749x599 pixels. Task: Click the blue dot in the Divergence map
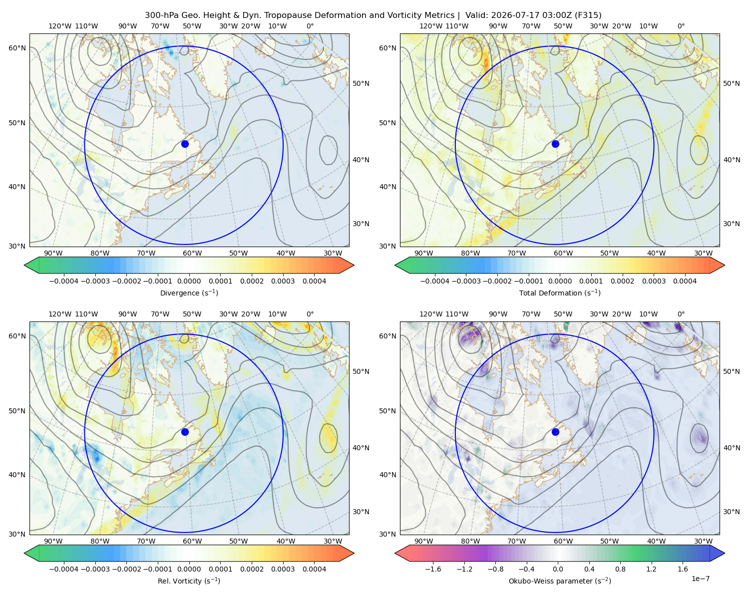(x=185, y=144)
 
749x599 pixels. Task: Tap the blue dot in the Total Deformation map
(x=555, y=144)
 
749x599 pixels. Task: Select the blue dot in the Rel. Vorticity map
(x=185, y=432)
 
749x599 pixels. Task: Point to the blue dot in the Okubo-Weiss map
(x=555, y=432)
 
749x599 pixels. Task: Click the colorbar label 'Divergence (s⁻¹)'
(x=189, y=293)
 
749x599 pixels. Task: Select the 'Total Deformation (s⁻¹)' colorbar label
(x=560, y=293)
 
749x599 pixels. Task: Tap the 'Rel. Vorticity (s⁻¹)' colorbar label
(x=189, y=581)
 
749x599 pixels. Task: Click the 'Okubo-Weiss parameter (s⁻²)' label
(x=560, y=581)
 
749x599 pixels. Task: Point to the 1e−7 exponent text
(x=700, y=579)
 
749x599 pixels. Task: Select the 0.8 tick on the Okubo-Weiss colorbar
(x=620, y=569)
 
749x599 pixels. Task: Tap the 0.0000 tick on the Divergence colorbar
(x=189, y=281)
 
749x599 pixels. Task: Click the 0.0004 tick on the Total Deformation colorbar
(x=685, y=281)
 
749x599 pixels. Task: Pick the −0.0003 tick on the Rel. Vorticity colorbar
(x=95, y=569)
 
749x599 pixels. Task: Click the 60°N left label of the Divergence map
(x=17, y=48)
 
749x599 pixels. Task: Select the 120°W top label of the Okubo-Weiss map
(x=430, y=314)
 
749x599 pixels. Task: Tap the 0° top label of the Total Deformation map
(x=681, y=26)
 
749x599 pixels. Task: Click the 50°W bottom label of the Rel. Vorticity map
(x=238, y=541)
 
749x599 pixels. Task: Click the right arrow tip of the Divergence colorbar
(x=354, y=265)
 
